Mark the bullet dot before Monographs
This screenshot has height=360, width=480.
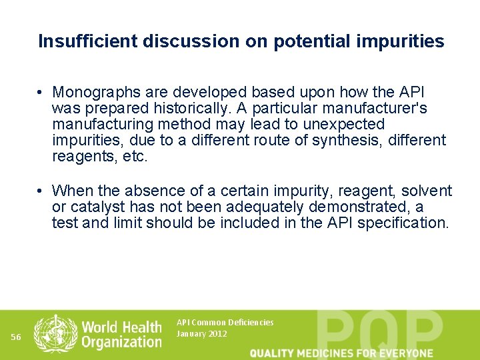tap(41, 92)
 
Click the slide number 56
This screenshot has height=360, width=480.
tap(17, 337)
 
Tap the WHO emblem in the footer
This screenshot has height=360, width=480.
tap(55, 333)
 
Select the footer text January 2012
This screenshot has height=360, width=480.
tap(201, 333)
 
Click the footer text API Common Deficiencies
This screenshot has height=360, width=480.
tap(225, 322)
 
